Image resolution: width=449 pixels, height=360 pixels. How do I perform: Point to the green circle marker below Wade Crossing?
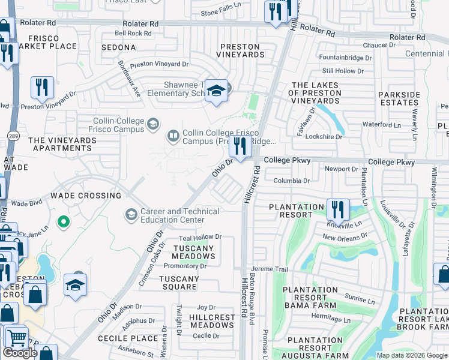(63, 223)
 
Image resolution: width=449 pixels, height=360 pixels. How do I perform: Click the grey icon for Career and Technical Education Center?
(131, 214)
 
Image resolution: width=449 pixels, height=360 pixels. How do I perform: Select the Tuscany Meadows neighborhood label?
(194, 252)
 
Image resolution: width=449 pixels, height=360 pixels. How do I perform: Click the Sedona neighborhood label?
(119, 47)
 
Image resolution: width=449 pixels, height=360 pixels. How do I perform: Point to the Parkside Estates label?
(399, 98)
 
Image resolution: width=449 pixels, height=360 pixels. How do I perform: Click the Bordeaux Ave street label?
(129, 79)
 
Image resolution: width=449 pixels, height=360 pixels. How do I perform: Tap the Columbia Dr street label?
(291, 181)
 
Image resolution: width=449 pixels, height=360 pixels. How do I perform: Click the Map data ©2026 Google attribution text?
(412, 355)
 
